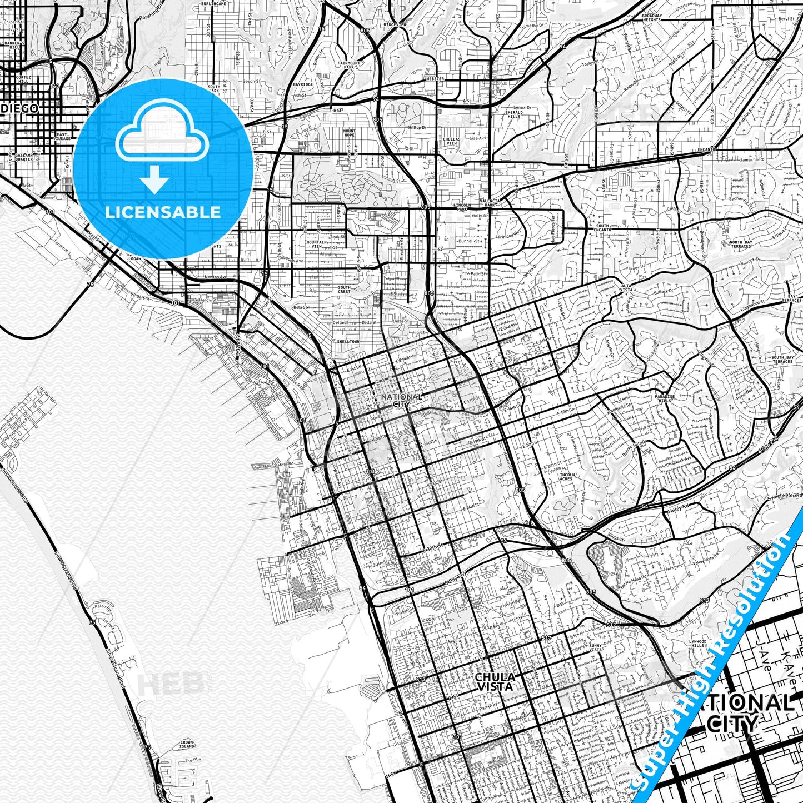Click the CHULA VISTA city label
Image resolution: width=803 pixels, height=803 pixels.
(x=495, y=681)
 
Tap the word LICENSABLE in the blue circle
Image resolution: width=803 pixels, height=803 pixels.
(x=163, y=212)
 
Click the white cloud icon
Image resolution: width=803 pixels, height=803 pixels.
(x=162, y=137)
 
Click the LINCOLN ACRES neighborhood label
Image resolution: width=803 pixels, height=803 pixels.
(x=565, y=476)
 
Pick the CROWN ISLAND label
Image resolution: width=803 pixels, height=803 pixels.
(x=187, y=744)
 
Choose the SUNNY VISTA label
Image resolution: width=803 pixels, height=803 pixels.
(x=595, y=647)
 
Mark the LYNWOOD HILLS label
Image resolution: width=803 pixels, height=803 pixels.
(x=697, y=644)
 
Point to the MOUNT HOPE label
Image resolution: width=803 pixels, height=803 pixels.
(x=349, y=133)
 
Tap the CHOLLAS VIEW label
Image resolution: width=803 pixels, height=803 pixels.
(x=451, y=141)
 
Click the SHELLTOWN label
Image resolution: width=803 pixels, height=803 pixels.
(x=347, y=341)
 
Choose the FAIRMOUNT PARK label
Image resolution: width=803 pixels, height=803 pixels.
(x=348, y=65)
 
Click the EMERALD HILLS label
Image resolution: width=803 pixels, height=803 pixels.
(x=513, y=114)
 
